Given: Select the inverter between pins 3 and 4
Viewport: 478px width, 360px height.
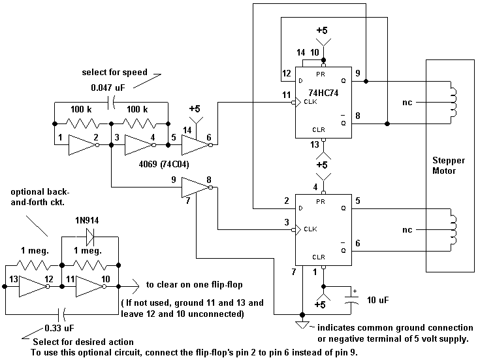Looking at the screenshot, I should coord(138,144).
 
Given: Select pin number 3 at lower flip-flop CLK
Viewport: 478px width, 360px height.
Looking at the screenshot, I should coord(287,223).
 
